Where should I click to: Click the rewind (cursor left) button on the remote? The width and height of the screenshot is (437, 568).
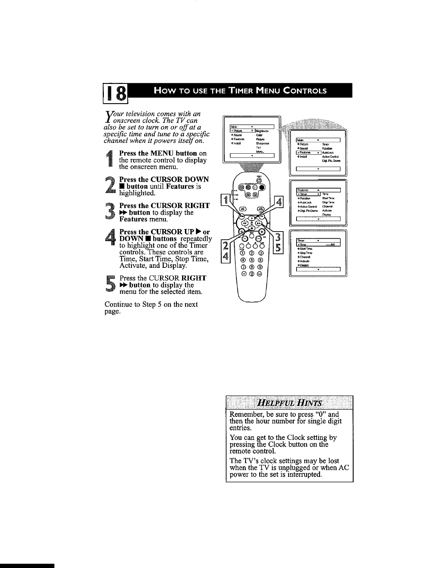tap(245, 223)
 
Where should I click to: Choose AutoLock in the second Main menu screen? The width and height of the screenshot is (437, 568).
tap(327, 153)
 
